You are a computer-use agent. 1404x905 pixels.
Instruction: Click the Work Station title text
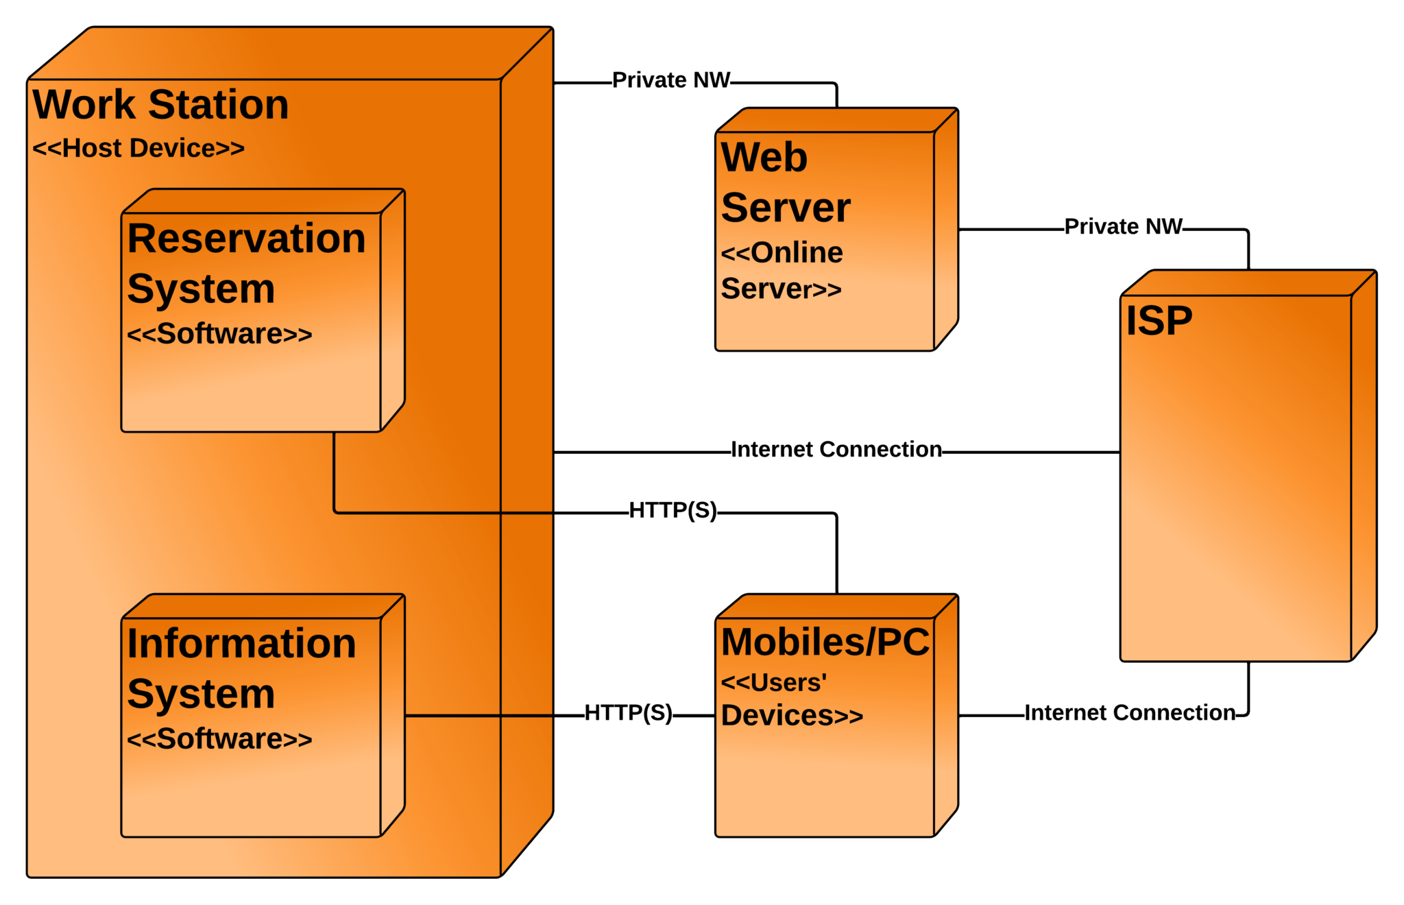pos(160,105)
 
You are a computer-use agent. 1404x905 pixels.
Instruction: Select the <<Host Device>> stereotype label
pos(138,148)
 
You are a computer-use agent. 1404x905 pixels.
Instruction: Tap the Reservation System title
pos(245,263)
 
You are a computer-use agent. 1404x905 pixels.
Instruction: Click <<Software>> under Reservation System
pos(219,334)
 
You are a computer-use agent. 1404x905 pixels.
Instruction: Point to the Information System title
pos(241,668)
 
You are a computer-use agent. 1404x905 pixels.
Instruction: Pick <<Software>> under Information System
pos(219,739)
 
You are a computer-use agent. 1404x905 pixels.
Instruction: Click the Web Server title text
pos(785,182)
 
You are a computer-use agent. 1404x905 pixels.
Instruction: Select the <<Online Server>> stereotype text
pos(782,271)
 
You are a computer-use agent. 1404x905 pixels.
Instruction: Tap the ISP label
pos(1159,321)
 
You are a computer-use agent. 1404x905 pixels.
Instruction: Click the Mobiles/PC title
pos(825,642)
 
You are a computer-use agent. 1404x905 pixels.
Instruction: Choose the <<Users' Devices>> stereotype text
pos(791,699)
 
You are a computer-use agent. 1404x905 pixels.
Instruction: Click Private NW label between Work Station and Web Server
pos(671,80)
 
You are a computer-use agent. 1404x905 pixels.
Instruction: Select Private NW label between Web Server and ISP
pos(1123,226)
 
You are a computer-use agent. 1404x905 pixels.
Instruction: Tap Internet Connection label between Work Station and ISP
pos(836,450)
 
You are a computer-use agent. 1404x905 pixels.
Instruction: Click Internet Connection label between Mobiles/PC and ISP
pos(1129,713)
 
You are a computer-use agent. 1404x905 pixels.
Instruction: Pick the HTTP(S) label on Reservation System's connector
pos(673,510)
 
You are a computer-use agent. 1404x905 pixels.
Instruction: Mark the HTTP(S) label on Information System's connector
pos(628,713)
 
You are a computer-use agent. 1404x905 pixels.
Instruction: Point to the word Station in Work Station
pos(218,105)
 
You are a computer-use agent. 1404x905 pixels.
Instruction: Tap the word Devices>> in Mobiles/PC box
pos(791,716)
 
